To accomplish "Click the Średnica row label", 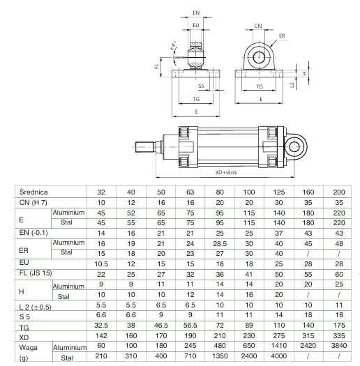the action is [33, 192].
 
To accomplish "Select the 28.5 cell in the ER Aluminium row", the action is [220, 244].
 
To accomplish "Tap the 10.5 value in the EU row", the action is [101, 264].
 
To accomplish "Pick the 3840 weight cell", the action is [339, 346].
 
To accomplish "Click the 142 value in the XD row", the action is [101, 335].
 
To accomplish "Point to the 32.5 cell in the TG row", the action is [101, 325].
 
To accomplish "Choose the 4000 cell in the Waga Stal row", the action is [279, 356].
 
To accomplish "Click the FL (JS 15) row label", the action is [36, 273].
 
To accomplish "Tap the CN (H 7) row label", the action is [33, 202].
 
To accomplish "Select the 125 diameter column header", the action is [279, 192].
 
